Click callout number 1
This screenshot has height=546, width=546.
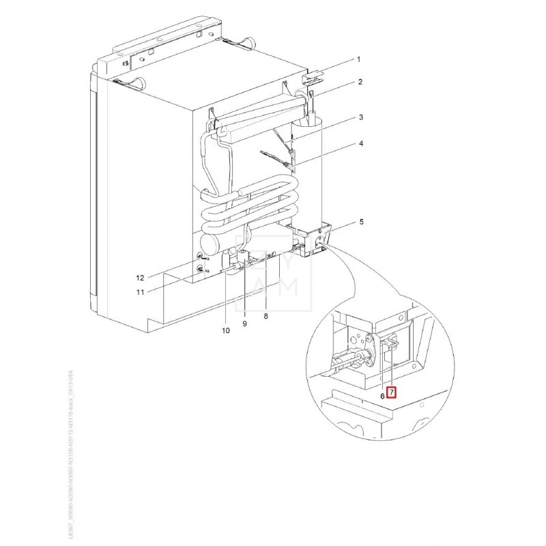point(359,59)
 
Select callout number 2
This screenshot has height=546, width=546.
point(359,82)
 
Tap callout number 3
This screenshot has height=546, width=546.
point(359,118)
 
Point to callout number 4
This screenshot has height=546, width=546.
point(359,144)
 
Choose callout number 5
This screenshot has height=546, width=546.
point(359,222)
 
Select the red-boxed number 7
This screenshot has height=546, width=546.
point(391,392)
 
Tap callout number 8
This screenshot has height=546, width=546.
point(265,317)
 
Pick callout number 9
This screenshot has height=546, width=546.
point(245,324)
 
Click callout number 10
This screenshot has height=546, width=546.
point(225,331)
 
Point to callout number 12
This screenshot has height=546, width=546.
point(139,277)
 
